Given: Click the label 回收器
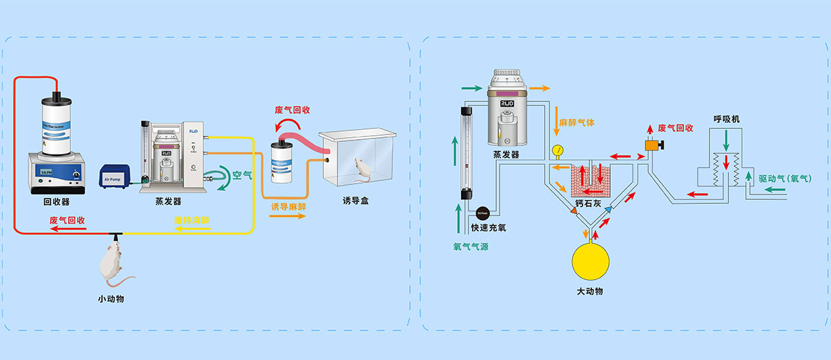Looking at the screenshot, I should point(57,201).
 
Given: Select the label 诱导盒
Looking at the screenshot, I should point(356,201).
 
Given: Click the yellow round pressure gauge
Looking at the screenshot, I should point(557,149).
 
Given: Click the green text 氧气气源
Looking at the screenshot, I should point(471,247).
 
